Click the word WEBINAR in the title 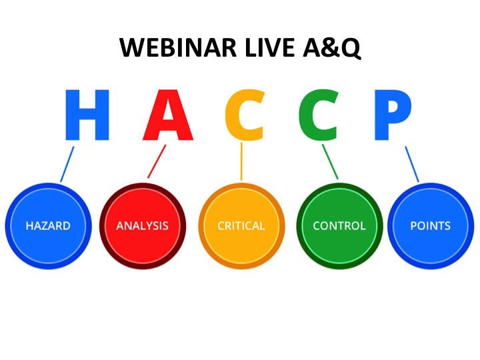pos(178,47)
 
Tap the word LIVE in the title pos(270,47)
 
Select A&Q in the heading pos(332,48)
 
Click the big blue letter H pos(87,115)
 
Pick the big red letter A pos(168,115)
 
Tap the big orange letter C pos(245,115)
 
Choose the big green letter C pos(319,115)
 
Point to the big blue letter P pos(393,115)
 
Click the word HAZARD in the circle pos(48,226)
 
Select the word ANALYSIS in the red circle pos(143,226)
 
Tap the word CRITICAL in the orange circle pos(241,226)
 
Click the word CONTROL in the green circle pos(339,226)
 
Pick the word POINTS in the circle pos(431,226)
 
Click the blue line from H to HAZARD pos(67,164)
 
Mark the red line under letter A pos(157,161)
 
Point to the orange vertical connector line pos(241,161)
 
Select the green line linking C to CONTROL pos(330,161)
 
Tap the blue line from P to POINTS pos(412,164)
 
